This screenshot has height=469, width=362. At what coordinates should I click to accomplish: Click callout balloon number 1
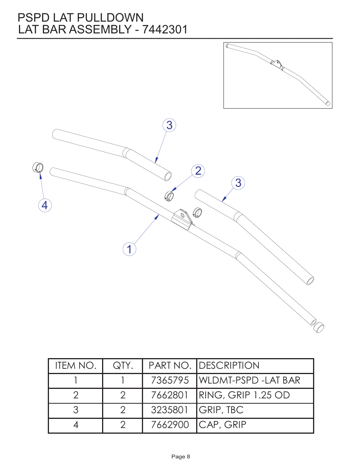click(x=129, y=249)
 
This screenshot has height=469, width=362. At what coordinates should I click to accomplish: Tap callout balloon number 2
click(x=198, y=171)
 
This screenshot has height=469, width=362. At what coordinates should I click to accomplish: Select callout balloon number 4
click(x=45, y=205)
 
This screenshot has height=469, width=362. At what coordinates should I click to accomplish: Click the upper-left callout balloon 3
click(x=169, y=125)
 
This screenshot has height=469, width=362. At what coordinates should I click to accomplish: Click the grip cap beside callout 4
click(x=38, y=167)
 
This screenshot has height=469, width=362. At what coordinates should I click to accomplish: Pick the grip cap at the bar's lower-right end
click(x=319, y=327)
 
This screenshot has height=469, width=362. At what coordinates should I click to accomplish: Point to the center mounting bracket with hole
click(x=183, y=219)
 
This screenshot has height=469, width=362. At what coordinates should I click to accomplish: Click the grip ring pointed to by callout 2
click(x=169, y=196)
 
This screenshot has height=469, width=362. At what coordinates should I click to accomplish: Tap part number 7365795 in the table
click(x=170, y=381)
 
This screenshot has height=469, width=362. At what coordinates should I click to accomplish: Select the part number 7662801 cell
click(x=170, y=395)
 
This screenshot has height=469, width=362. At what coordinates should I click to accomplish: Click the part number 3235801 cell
click(x=170, y=410)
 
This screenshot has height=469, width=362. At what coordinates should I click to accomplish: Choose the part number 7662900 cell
click(x=170, y=425)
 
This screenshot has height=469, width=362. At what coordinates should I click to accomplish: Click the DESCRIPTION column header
click(x=229, y=366)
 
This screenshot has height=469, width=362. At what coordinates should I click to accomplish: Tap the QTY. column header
click(x=123, y=366)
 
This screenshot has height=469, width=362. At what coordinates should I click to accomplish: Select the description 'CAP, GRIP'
click(x=223, y=425)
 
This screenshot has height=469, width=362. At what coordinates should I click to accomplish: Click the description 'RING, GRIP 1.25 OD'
click(x=244, y=395)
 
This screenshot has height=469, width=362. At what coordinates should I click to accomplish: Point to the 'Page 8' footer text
click(x=181, y=456)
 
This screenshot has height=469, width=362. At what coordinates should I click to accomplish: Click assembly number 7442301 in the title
click(x=165, y=30)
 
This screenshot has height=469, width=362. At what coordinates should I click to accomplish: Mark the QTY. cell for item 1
click(x=123, y=381)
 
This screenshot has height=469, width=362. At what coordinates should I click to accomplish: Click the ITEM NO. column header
click(x=76, y=366)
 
